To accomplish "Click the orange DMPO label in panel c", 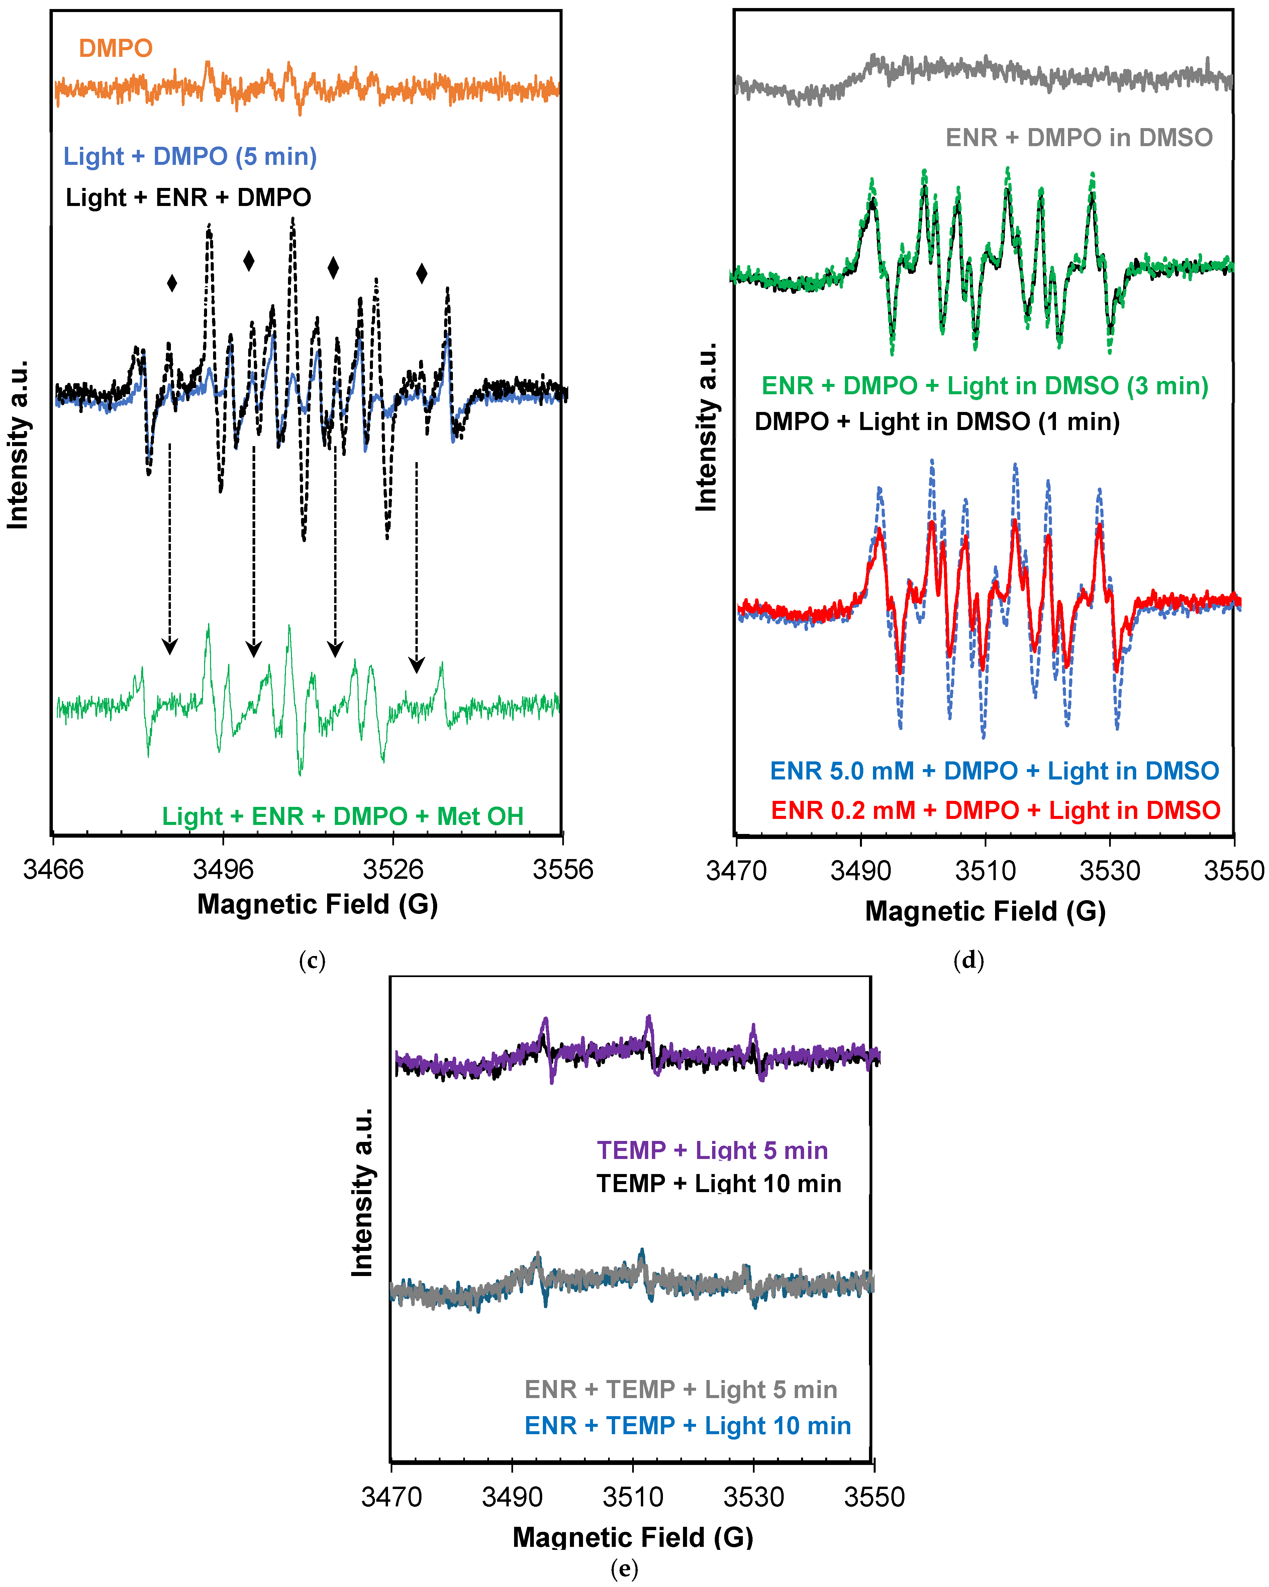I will pyautogui.click(x=116, y=48).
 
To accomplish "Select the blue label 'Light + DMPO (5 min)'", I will pyautogui.click(x=190, y=157).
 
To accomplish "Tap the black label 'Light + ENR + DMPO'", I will pyautogui.click(x=188, y=198).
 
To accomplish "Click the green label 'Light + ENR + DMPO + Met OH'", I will pyautogui.click(x=342, y=816).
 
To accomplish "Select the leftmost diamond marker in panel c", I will pyautogui.click(x=172, y=284).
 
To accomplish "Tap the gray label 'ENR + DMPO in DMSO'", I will pyautogui.click(x=1078, y=138).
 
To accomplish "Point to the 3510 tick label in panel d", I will pyautogui.click(x=985, y=871).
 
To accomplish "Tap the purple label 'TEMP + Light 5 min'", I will pyautogui.click(x=712, y=1151).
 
